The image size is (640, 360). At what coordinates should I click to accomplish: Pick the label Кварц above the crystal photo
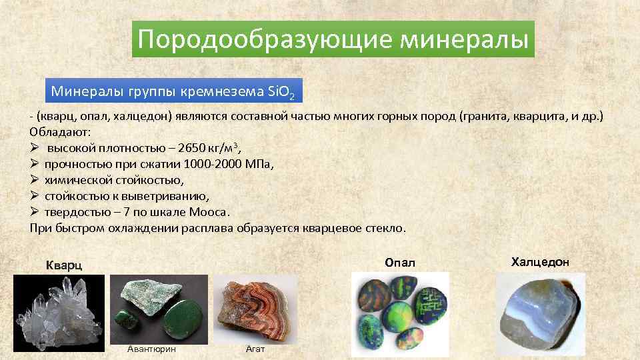[64, 265]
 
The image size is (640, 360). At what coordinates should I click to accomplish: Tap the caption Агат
[255, 349]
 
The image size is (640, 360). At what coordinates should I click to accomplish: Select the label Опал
[400, 263]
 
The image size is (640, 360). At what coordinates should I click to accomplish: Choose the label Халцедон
[540, 262]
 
